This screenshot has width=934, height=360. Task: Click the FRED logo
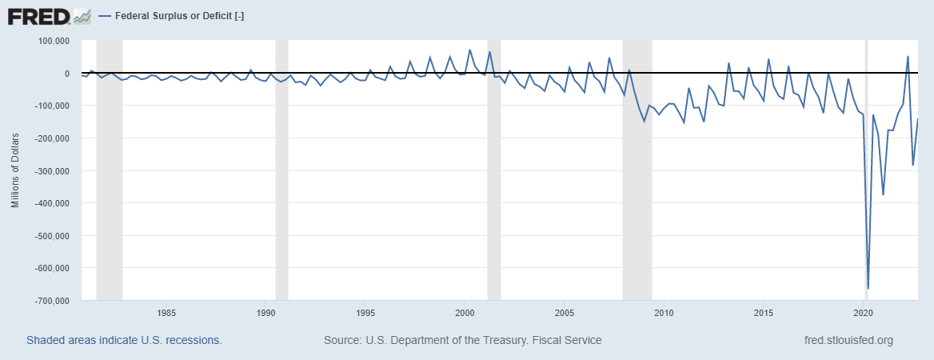pos(49,15)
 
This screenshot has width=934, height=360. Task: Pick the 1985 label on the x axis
pos(166,312)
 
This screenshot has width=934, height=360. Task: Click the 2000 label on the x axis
pos(465,312)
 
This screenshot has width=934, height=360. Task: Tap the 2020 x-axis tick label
pos(863,312)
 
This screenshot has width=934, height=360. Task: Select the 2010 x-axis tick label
pos(664,312)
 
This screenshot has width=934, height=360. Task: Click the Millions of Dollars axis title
pos(14,170)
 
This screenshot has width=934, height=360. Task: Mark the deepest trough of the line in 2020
pos(868,288)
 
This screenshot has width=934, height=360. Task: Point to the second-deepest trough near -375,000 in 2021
pos(883,194)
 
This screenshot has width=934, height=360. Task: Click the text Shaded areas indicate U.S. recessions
pos(124,340)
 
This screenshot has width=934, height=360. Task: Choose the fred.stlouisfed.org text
pos(848,340)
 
